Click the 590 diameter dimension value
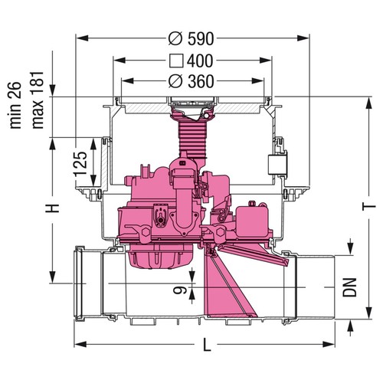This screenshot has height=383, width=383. (201, 39)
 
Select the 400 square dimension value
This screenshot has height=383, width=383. (200, 61)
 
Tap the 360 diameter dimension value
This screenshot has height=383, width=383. (201, 81)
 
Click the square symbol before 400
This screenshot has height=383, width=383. (176, 61)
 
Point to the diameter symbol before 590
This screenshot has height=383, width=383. (175, 39)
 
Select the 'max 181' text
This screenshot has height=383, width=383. (38, 100)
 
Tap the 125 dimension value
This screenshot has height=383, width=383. (80, 164)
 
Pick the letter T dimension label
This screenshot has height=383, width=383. (369, 206)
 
